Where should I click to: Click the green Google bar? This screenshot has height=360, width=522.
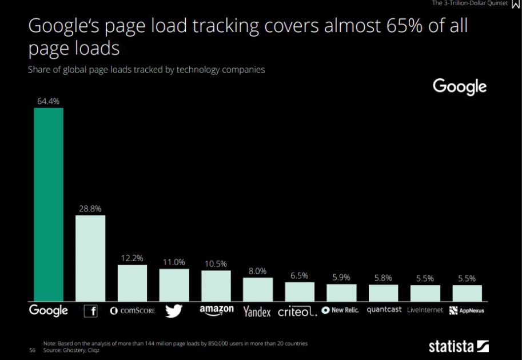coord(49,204)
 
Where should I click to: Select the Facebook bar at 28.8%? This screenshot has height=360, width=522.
coord(90,258)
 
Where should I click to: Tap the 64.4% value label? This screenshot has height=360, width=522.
coord(49,101)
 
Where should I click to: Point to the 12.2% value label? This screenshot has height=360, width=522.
coord(132,258)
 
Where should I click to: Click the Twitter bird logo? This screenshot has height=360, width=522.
coord(173,311)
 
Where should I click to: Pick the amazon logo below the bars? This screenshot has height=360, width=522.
coord(216,310)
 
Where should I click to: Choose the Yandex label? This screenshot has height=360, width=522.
coord(257,311)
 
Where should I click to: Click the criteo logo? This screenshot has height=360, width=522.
coord(297,312)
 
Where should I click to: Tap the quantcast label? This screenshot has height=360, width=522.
coord(384,310)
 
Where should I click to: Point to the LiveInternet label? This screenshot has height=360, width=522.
coord(425,310)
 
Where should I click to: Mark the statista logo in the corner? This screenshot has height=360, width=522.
coord(459,346)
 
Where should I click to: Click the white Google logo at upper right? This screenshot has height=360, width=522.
coord(460,87)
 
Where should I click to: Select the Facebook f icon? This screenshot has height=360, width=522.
coord(91,311)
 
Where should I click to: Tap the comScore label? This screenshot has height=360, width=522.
coord(132,311)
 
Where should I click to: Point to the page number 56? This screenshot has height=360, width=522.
coord(32,350)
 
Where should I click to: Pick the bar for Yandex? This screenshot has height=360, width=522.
coord(257,289)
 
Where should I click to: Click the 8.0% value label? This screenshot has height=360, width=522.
coord(257,271)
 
